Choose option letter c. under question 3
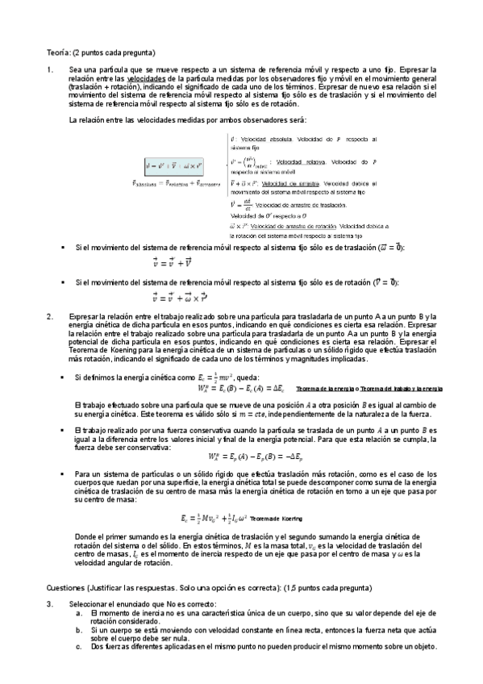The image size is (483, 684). point(77,647)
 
